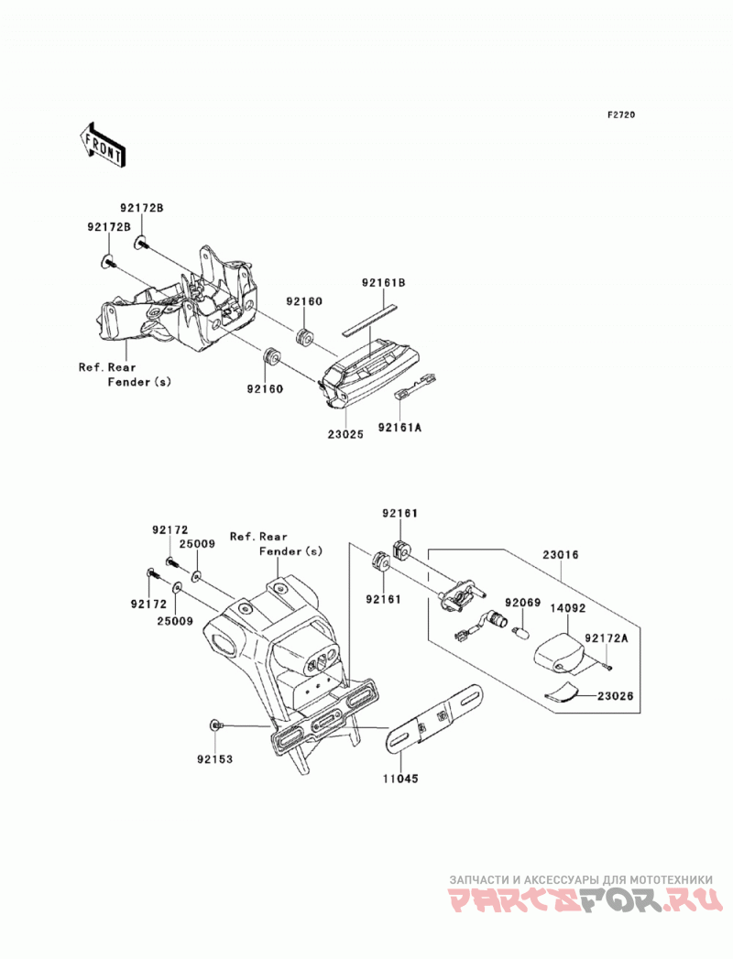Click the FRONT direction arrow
(x=103, y=145)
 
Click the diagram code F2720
(x=621, y=115)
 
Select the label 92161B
(x=384, y=283)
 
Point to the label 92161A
(x=399, y=428)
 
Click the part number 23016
(x=560, y=555)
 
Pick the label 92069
(x=521, y=603)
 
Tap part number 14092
(x=567, y=608)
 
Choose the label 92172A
(x=607, y=638)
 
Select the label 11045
(x=400, y=779)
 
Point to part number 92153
(x=214, y=759)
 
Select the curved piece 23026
(x=562, y=692)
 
